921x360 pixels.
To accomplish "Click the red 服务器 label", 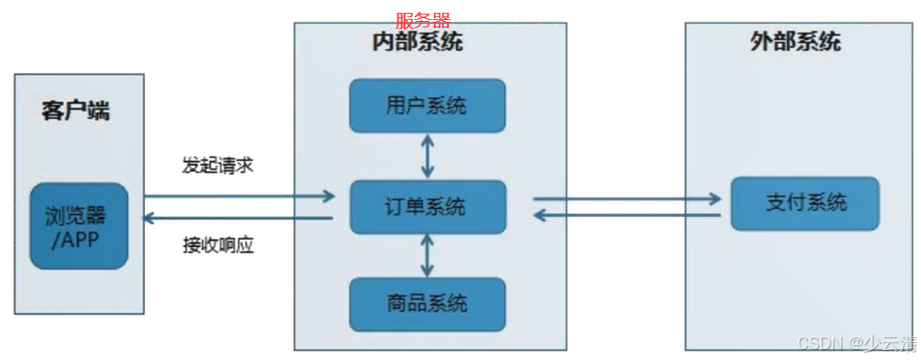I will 423,20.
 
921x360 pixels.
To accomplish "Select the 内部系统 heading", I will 417,43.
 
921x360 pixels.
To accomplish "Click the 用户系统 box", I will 427,105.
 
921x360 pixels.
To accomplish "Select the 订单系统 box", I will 427,207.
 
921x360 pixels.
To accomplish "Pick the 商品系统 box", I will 427,303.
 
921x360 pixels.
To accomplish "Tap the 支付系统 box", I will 804,202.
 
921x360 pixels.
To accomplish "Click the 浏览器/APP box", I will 78,226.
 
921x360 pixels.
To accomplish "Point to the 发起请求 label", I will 217,166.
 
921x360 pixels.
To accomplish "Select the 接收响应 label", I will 217,246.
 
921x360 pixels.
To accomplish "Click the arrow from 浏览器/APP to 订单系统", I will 239,195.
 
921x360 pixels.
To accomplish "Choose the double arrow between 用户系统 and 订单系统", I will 427,156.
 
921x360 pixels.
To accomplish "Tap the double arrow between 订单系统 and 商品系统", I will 427,254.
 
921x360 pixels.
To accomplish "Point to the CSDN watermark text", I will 856,343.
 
